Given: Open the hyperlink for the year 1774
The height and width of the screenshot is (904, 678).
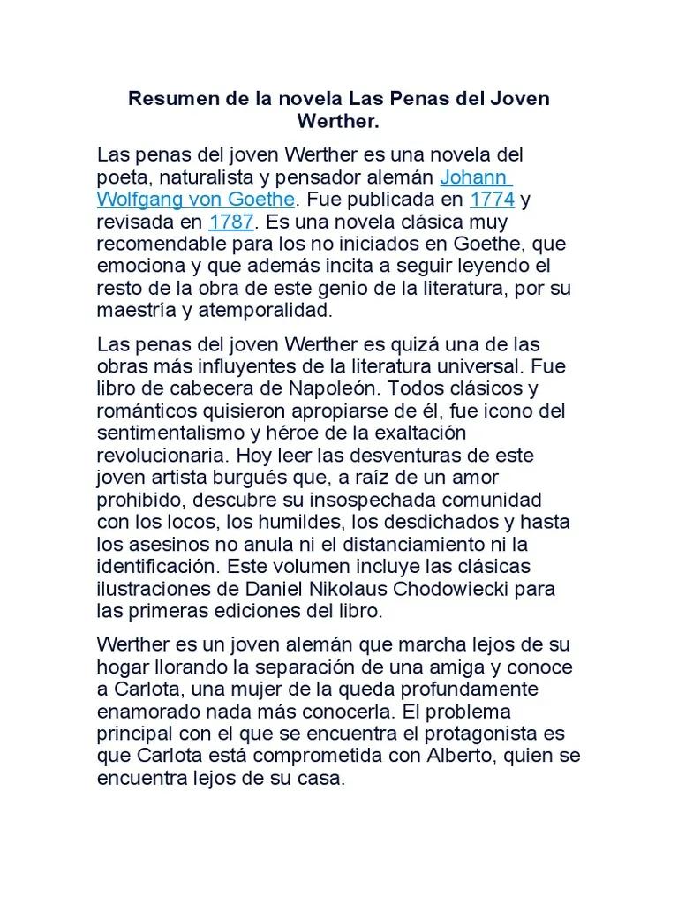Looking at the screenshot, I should click(492, 198).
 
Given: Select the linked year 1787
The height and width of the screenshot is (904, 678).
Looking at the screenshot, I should click(231, 220).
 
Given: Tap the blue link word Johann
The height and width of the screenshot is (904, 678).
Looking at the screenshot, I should click(475, 176).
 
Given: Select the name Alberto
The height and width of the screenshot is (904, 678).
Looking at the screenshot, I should click(447, 757).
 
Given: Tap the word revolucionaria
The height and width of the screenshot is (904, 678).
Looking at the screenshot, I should click(159, 456).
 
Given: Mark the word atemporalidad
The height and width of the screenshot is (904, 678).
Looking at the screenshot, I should click(268, 310).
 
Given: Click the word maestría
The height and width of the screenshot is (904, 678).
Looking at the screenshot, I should click(133, 310).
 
